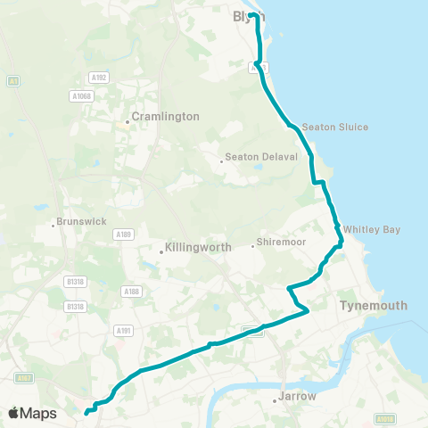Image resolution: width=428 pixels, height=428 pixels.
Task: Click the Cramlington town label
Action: click(x=165, y=117)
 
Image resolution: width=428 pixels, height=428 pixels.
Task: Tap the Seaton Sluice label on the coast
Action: click(x=334, y=127)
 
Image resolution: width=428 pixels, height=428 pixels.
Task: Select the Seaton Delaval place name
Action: click(x=259, y=157)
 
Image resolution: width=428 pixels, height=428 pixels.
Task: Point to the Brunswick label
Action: click(x=81, y=221)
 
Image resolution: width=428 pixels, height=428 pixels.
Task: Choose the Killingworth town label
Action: click(x=199, y=247)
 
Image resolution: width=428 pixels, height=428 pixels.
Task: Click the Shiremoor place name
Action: click(x=281, y=242)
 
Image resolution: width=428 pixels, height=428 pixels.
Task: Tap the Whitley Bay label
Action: click(x=372, y=229)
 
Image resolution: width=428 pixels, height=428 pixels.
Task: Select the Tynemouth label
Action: click(x=374, y=305)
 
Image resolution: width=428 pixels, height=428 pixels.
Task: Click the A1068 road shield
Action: click(x=81, y=95)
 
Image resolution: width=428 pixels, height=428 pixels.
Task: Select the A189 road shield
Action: click(x=123, y=234)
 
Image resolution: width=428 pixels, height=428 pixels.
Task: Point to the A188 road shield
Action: click(x=132, y=291)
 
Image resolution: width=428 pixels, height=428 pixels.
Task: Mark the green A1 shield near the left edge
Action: click(x=12, y=81)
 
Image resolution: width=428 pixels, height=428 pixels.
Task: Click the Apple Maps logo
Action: click(x=32, y=413)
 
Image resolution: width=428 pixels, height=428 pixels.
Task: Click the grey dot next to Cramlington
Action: click(x=128, y=122)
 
